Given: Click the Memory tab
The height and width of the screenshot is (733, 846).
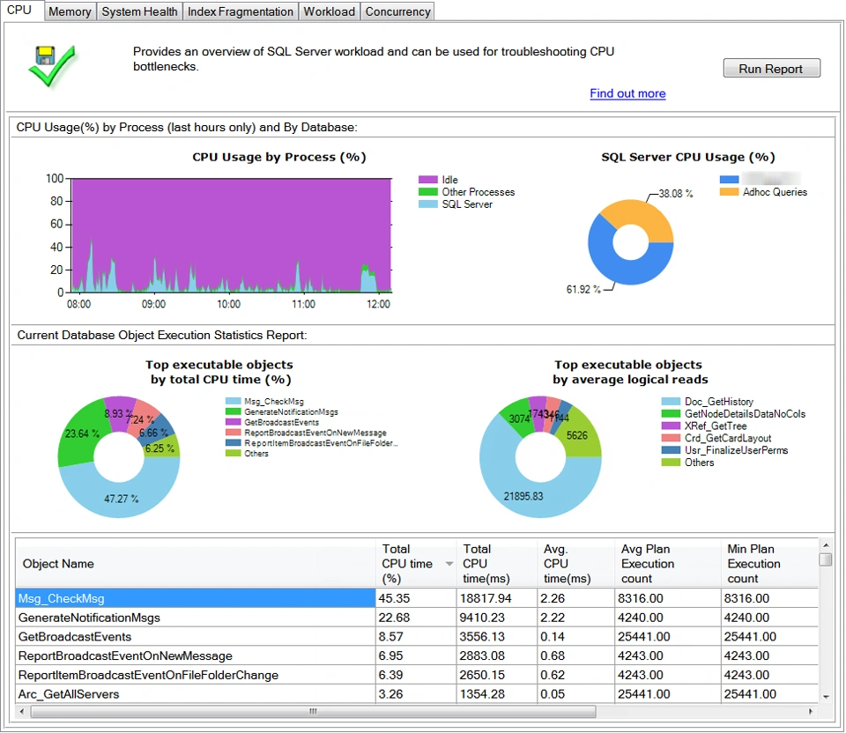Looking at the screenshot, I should [70, 11].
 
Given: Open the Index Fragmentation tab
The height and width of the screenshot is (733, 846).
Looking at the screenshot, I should [241, 11].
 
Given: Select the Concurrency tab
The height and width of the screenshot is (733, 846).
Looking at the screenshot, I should [397, 11].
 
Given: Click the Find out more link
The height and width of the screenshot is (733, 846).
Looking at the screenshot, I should [627, 93].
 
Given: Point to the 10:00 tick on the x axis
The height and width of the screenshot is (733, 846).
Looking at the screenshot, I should [228, 304].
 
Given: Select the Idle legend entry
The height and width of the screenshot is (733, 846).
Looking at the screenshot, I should [449, 180].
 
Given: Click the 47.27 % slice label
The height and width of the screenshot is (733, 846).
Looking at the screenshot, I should [121, 498].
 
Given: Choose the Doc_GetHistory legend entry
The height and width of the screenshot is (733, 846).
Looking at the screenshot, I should [718, 402].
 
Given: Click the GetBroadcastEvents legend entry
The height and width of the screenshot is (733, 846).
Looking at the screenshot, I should [281, 422].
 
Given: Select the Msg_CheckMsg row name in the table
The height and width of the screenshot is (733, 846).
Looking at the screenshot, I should [62, 598].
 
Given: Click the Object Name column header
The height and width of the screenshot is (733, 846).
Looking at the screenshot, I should [58, 564].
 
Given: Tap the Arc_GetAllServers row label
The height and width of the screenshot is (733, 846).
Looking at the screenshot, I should [69, 694].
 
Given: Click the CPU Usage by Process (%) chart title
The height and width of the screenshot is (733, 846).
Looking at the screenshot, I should [278, 157].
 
